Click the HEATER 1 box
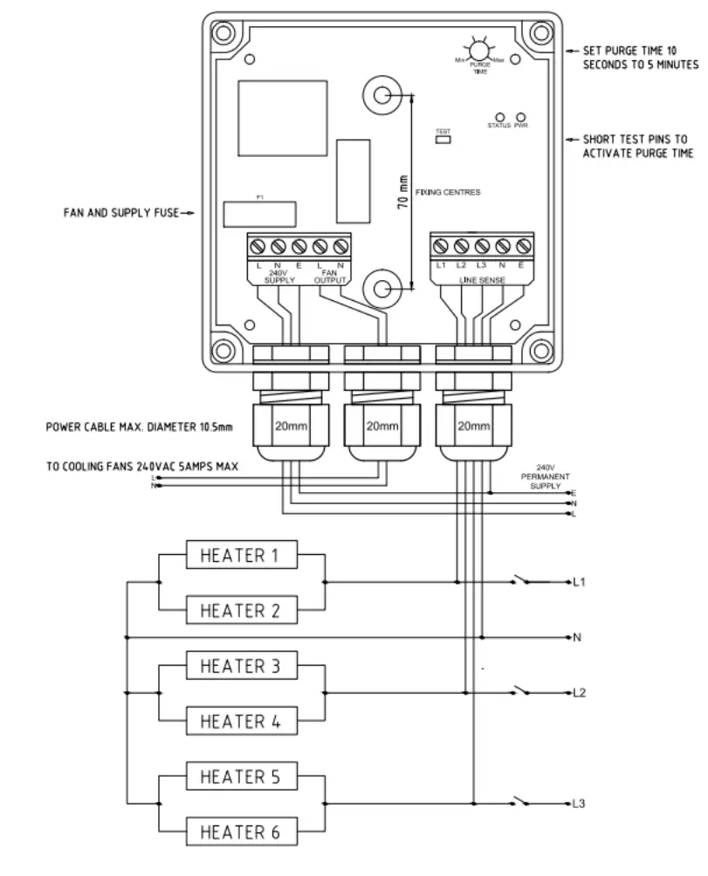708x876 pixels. tap(242, 555)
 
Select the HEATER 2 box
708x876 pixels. tap(242, 611)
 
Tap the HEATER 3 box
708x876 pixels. tap(242, 667)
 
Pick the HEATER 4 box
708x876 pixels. tap(242, 722)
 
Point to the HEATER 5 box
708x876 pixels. tap(242, 777)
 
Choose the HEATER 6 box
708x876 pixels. tap(242, 832)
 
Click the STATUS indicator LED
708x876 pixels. tap(500, 116)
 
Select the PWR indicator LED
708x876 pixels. tap(521, 116)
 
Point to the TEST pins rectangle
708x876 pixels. tap(442, 138)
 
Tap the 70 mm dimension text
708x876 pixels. tap(402, 188)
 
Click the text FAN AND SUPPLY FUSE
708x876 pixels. tap(120, 211)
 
